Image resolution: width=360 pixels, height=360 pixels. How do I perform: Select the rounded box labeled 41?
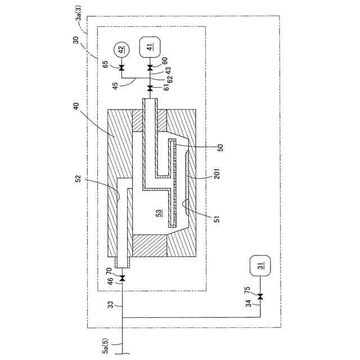[x=150, y=47]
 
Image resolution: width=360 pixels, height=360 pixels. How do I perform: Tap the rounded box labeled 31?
[x=260, y=266]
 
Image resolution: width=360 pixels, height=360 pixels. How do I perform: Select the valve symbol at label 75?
[x=260, y=297]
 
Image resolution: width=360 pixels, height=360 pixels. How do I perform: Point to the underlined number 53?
[x=159, y=213]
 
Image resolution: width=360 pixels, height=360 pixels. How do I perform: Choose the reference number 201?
[x=217, y=178]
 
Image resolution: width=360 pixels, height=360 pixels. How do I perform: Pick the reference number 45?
[x=115, y=85]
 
